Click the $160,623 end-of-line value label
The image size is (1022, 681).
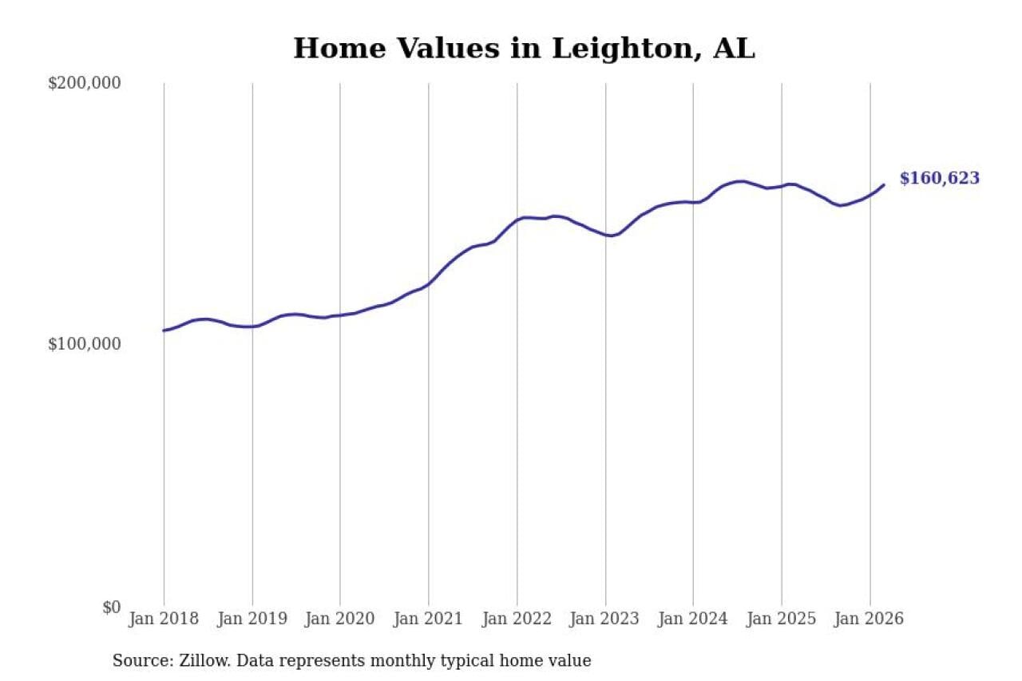(939, 179)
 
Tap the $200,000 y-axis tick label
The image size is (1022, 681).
(84, 83)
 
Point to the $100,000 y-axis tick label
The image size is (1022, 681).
(84, 344)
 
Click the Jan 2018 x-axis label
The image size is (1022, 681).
(164, 619)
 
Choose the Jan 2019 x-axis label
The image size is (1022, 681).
(252, 619)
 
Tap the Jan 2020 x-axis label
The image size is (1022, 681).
(340, 619)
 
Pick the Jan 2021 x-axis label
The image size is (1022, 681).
(429, 619)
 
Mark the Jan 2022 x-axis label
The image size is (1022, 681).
(517, 619)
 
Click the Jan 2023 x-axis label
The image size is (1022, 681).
(605, 619)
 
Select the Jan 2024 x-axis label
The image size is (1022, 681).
(693, 619)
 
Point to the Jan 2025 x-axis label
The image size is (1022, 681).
(782, 619)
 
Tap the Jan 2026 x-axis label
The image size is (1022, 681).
(869, 619)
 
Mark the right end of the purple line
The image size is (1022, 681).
(884, 184)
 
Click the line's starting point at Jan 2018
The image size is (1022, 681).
(164, 331)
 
